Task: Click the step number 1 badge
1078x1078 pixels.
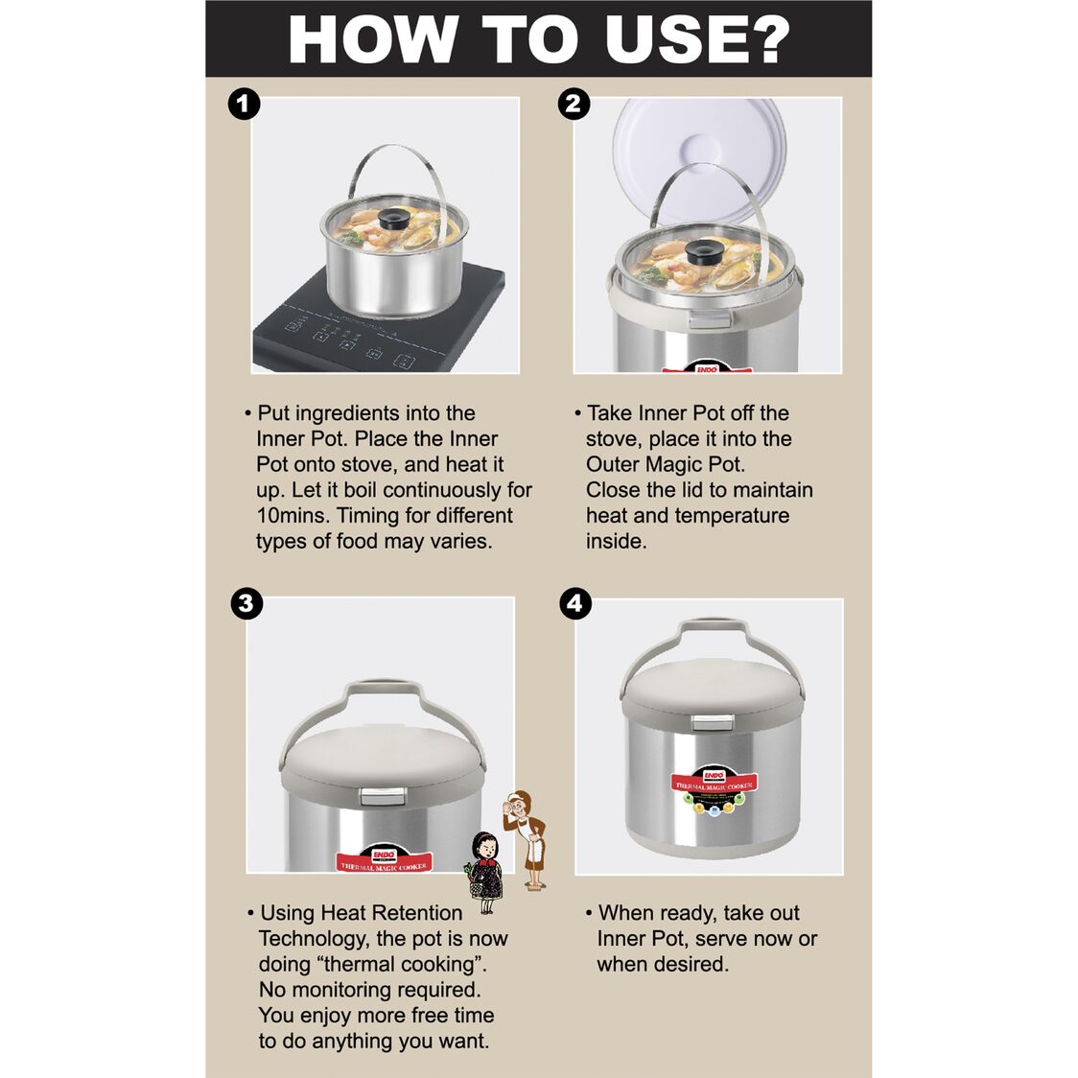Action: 244,105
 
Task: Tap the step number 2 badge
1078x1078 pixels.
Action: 574,105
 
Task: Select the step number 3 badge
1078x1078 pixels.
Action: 246,603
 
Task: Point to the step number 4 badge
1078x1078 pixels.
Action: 575,603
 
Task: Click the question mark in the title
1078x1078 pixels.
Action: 764,40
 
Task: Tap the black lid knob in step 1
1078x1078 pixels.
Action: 394,220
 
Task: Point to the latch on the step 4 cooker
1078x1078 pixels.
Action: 713,722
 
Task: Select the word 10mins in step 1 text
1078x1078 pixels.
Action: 293,516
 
